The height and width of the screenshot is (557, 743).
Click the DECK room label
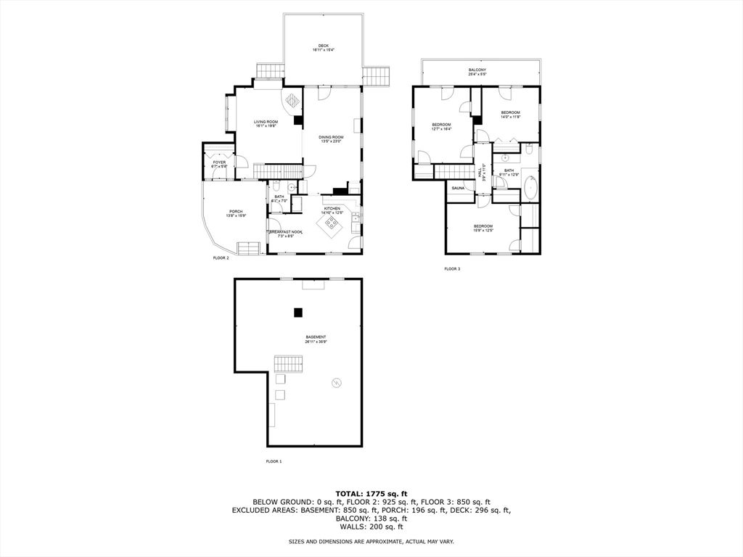click(323, 46)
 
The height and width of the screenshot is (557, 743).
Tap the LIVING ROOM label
click(266, 122)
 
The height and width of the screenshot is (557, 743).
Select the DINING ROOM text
click(331, 137)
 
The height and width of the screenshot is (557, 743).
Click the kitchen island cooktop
click(332, 221)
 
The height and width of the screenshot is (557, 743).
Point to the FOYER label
click(219, 162)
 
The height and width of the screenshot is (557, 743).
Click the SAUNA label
click(458, 189)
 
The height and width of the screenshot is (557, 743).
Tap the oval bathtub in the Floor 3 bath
click(530, 187)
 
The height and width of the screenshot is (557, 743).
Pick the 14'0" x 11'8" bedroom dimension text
click(510, 117)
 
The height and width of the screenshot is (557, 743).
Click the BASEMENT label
click(316, 337)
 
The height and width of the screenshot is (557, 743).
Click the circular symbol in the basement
click(336, 383)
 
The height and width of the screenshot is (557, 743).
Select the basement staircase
click(287, 363)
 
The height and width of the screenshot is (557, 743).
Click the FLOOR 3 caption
click(452, 269)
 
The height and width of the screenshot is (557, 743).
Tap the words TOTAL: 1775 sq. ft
click(371, 493)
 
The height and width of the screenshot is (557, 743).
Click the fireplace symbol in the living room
click(292, 101)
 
